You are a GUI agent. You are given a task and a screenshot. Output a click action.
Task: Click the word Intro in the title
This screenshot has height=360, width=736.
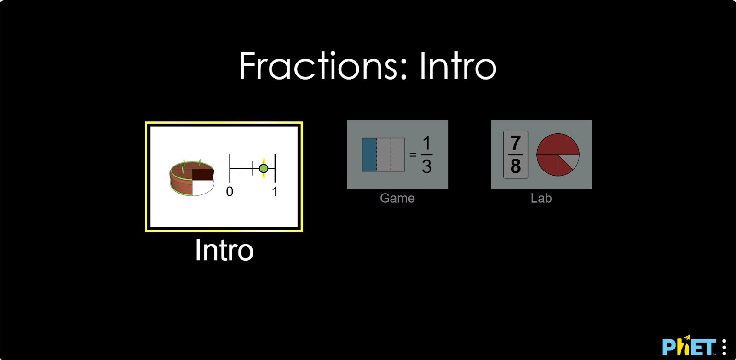coord(458,66)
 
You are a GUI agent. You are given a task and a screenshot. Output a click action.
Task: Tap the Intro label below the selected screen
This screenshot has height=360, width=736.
coord(224,250)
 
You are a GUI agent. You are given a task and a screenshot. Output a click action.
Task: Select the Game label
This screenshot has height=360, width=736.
coord(397,198)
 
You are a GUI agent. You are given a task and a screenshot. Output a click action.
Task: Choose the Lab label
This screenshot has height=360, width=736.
coord(541,198)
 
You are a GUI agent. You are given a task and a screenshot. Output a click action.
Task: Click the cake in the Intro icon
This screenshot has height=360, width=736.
coord(192,177)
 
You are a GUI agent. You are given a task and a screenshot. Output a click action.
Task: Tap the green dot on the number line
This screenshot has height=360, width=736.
coord(264,168)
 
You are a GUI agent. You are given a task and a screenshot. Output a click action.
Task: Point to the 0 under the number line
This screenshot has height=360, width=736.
coord(230,192)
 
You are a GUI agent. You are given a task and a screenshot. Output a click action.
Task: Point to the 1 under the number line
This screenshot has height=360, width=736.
coord(275,192)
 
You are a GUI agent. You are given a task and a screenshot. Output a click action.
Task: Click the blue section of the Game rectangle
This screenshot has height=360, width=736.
coord(369,154)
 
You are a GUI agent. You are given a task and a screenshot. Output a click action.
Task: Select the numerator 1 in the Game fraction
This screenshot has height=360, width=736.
coord(426,143)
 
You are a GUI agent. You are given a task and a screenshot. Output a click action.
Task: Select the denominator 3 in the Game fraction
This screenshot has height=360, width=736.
coord(426,166)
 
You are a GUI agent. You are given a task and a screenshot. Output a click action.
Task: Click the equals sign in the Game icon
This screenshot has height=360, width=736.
coord(413,154)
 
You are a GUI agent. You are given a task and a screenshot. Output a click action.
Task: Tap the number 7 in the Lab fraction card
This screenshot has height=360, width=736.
coord(516,143)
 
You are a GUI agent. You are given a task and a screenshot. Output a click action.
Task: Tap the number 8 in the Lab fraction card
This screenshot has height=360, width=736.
coord(516,166)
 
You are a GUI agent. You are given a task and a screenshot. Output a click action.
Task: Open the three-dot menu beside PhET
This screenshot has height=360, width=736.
coord(724,347)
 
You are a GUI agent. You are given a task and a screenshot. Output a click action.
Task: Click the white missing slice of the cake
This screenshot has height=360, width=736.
coord(202,187)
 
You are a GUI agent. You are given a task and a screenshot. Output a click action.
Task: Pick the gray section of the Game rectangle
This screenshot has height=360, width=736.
coord(391,154)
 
